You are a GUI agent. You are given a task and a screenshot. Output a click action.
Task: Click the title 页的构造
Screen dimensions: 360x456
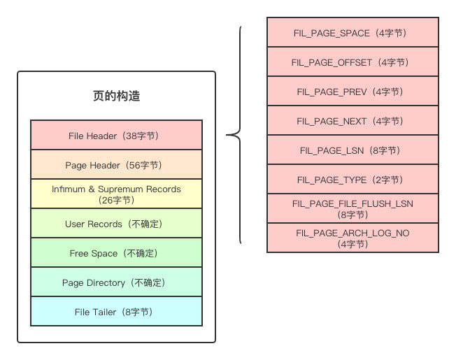click(116, 96)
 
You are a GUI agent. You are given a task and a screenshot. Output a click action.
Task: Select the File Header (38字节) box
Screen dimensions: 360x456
click(116, 136)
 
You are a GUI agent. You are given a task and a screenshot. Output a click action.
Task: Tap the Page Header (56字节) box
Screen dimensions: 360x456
click(116, 165)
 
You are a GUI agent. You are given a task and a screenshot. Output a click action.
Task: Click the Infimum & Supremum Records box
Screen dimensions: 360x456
click(116, 194)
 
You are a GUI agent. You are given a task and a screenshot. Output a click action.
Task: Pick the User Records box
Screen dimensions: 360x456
click(116, 224)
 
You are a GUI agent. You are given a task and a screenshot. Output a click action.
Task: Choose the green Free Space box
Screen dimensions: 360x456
click(116, 253)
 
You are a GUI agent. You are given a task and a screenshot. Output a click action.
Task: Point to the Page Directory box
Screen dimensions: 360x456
click(116, 282)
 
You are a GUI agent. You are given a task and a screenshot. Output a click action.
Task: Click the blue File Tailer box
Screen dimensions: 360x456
click(116, 312)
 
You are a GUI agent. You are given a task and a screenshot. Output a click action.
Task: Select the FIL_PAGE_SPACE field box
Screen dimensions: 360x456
click(352, 33)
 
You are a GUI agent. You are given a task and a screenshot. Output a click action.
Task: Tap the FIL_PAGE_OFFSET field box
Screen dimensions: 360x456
click(352, 62)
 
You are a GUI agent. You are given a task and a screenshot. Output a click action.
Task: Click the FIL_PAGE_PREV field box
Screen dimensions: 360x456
click(352, 92)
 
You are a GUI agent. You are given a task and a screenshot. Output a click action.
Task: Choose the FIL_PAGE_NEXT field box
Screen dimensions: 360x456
click(352, 121)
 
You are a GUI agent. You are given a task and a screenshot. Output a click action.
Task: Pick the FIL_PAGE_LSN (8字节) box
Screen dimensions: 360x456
click(352, 150)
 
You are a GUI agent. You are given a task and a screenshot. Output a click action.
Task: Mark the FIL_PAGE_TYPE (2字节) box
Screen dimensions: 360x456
click(352, 180)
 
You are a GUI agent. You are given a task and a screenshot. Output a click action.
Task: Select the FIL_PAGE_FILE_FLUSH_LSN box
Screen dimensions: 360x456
click(352, 208)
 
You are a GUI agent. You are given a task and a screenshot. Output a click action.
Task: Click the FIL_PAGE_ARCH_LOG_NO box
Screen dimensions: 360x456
click(352, 238)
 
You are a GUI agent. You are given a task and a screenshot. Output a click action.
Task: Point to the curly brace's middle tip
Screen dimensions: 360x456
click(227, 136)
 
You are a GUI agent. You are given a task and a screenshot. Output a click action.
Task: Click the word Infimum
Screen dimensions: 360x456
click(68, 189)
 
